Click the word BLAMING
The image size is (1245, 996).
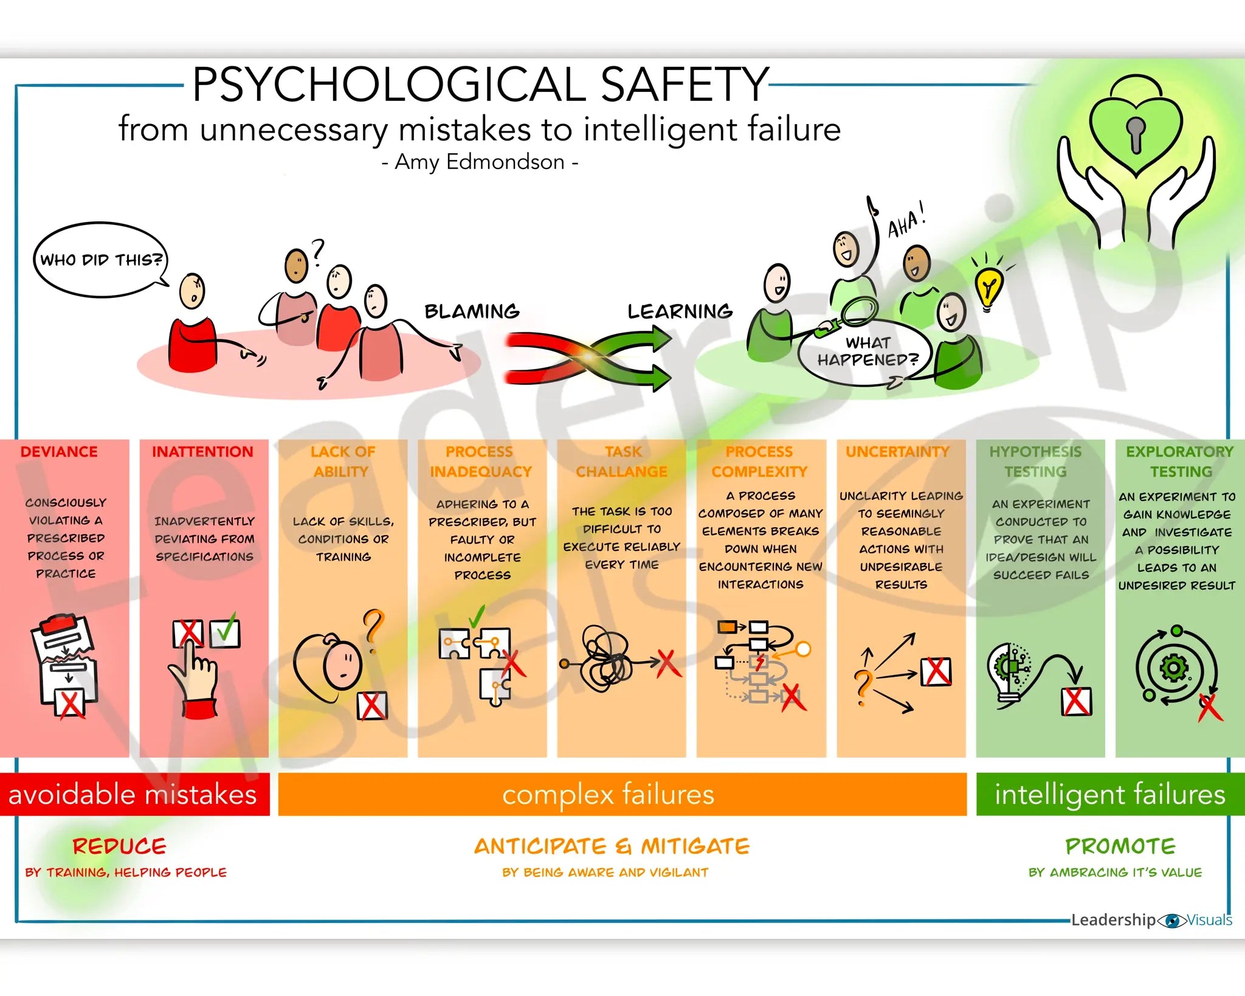coord(472,311)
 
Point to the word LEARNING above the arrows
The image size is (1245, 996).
coord(680,311)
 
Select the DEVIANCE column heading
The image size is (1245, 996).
coord(59,452)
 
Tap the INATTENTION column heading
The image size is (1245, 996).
coord(202,452)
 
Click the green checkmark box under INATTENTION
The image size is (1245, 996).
coord(225,632)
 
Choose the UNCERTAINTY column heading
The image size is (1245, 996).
coord(897,452)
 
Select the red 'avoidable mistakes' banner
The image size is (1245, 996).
coord(134,794)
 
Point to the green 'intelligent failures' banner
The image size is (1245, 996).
coord(1109,794)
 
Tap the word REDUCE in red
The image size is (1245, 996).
coord(119,846)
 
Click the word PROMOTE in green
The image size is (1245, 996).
coord(1120,846)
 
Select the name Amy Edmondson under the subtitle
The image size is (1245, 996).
coord(480,162)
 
